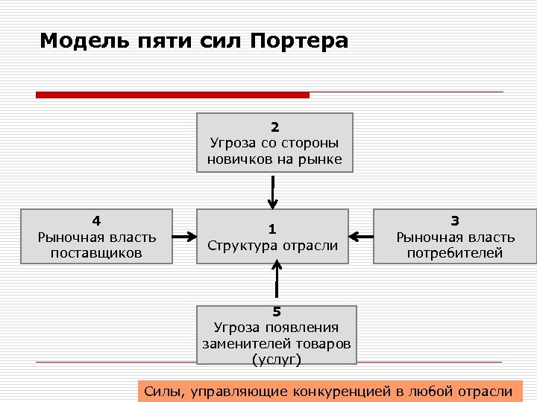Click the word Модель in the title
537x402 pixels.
coord(74,40)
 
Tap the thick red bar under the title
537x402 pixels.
coord(172,95)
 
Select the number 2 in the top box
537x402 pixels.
coord(274,127)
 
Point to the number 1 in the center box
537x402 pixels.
coord(272,229)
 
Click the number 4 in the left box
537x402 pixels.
coord(96,220)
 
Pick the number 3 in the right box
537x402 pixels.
coord(455,220)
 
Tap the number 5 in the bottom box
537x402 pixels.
coord(277,312)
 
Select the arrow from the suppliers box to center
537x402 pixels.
coord(184,237)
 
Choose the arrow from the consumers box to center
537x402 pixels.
coord(362,237)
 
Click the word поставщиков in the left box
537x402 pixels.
coord(97,254)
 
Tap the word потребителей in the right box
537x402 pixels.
coord(455,254)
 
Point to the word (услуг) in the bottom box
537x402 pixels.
coord(277,360)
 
